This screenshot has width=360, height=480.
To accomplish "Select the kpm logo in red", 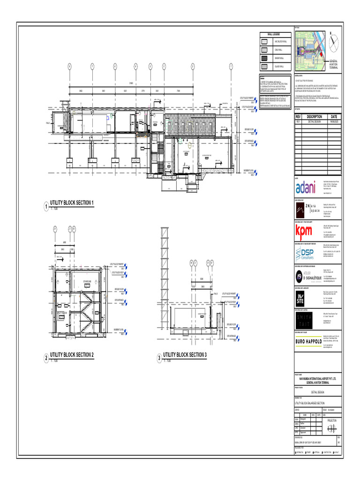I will [x=303, y=232].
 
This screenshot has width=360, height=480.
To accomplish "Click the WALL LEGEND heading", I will [x=273, y=34].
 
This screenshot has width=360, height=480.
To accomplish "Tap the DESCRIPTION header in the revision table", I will [x=314, y=116].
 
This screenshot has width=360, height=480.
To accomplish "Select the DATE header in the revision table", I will [x=333, y=116].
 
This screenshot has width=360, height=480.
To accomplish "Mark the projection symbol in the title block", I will [x=331, y=429].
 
